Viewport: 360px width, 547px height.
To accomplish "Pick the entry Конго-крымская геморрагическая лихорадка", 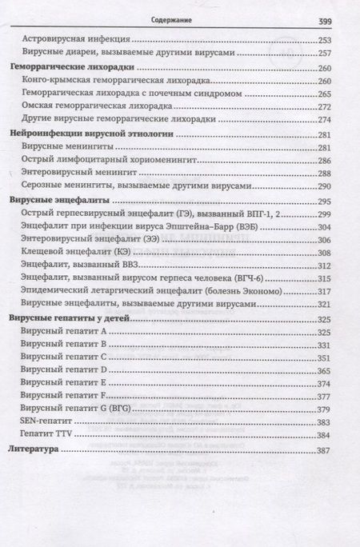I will pos(110,82).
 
